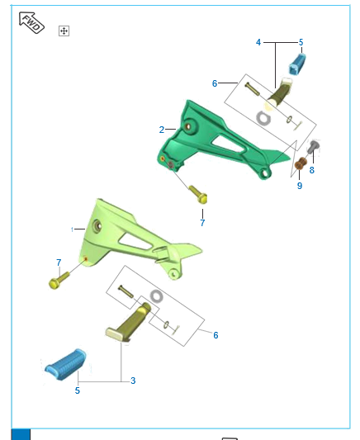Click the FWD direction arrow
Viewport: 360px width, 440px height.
[x=31, y=22]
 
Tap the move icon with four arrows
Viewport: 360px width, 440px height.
[x=64, y=31]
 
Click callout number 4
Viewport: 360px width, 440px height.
[x=258, y=42]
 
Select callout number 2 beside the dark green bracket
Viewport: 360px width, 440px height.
[x=162, y=130]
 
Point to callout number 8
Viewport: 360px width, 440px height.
[x=312, y=170]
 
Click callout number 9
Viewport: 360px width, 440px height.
[x=300, y=186]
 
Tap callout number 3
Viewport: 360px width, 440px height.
[x=133, y=381]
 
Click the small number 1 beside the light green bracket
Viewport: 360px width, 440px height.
[x=73, y=229]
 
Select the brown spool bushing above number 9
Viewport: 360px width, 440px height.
[x=301, y=163]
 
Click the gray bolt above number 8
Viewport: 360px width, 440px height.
[x=313, y=146]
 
